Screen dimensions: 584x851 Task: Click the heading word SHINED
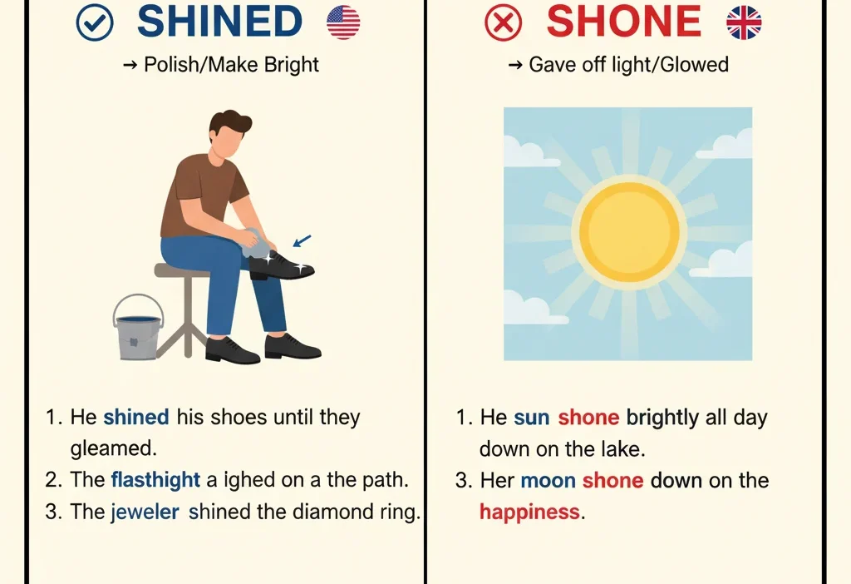coord(219,22)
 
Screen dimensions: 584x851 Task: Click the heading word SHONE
coord(623,22)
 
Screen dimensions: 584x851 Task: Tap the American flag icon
coord(343,22)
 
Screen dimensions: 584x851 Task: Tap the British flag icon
coord(744,22)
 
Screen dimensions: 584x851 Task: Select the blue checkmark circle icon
coord(94,23)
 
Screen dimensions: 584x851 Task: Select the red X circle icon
coord(504,23)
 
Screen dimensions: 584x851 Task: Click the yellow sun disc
coord(629,230)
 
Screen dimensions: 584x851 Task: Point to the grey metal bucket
coord(138,329)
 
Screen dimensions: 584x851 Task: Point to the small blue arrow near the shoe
coord(303,241)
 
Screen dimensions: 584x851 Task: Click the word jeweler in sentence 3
coord(145,512)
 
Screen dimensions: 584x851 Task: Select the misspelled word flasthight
coord(155,480)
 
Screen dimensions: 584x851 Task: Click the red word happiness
coord(529,512)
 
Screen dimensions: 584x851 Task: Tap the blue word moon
coord(548,480)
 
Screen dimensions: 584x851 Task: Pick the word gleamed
coord(113,448)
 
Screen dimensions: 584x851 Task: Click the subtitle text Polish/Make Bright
coord(231,65)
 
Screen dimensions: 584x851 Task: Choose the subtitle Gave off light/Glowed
coord(628,65)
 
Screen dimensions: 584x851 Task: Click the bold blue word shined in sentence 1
coord(136,417)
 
